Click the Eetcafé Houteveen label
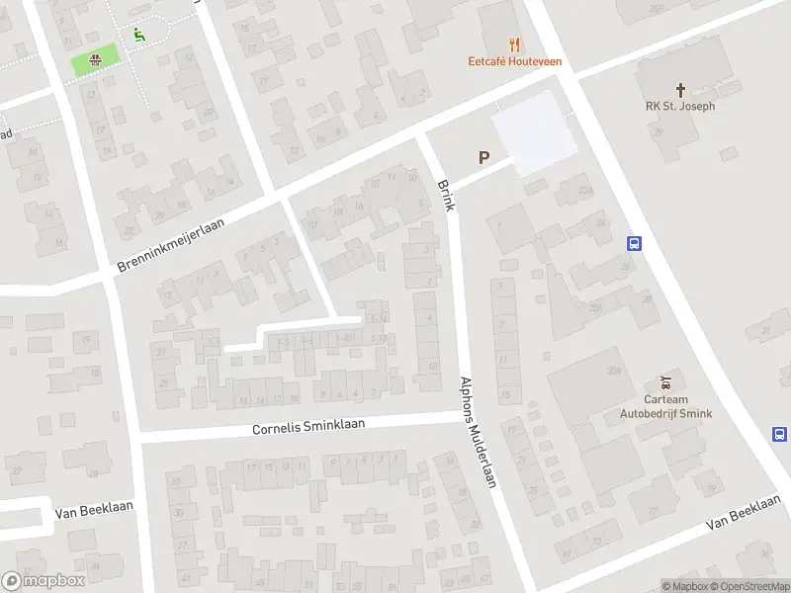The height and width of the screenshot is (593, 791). [x=515, y=60]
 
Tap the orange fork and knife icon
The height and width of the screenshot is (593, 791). [x=514, y=43]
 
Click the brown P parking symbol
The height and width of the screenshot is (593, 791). [x=483, y=157]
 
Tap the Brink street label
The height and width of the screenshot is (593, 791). [x=445, y=194]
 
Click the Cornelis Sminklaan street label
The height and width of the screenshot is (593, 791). [x=308, y=427]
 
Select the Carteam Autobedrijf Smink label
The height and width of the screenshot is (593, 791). [x=665, y=405]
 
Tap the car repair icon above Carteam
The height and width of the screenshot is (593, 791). [x=665, y=381]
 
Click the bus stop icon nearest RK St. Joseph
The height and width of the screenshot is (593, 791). [x=634, y=244]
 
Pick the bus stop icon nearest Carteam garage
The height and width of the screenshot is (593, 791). [x=779, y=434]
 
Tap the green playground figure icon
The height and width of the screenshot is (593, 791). [x=137, y=34]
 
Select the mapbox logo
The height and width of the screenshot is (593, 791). [x=43, y=581]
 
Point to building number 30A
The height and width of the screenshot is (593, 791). [x=612, y=370]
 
